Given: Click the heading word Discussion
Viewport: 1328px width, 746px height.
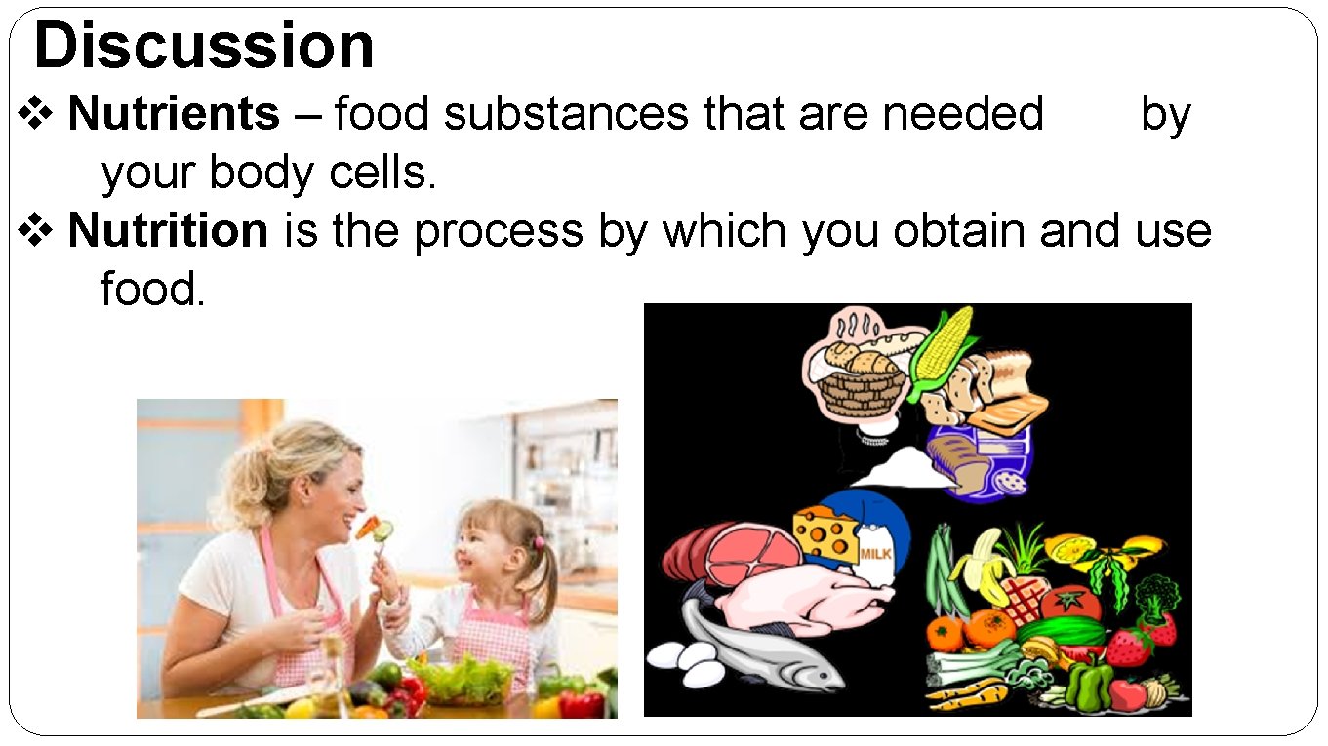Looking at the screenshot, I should click(x=204, y=46).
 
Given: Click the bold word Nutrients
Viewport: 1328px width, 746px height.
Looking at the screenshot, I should click(x=174, y=114).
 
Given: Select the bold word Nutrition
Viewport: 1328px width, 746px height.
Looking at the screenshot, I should click(x=168, y=231).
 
